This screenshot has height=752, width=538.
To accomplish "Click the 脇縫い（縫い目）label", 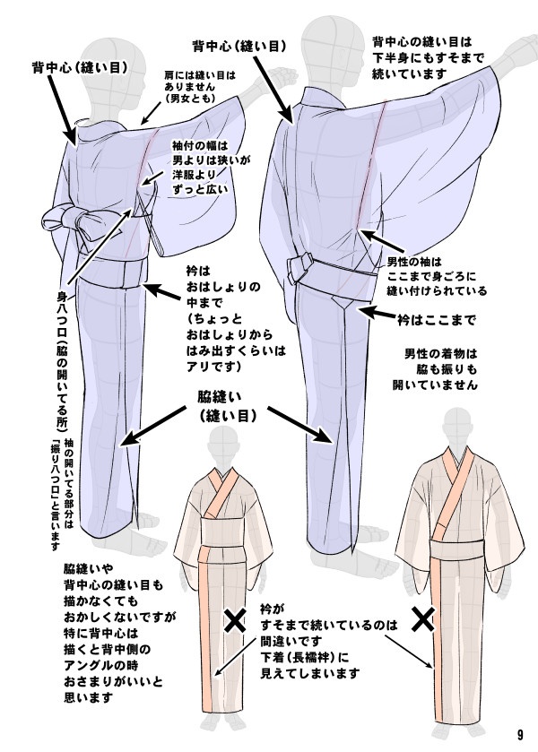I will (x=228, y=404).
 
